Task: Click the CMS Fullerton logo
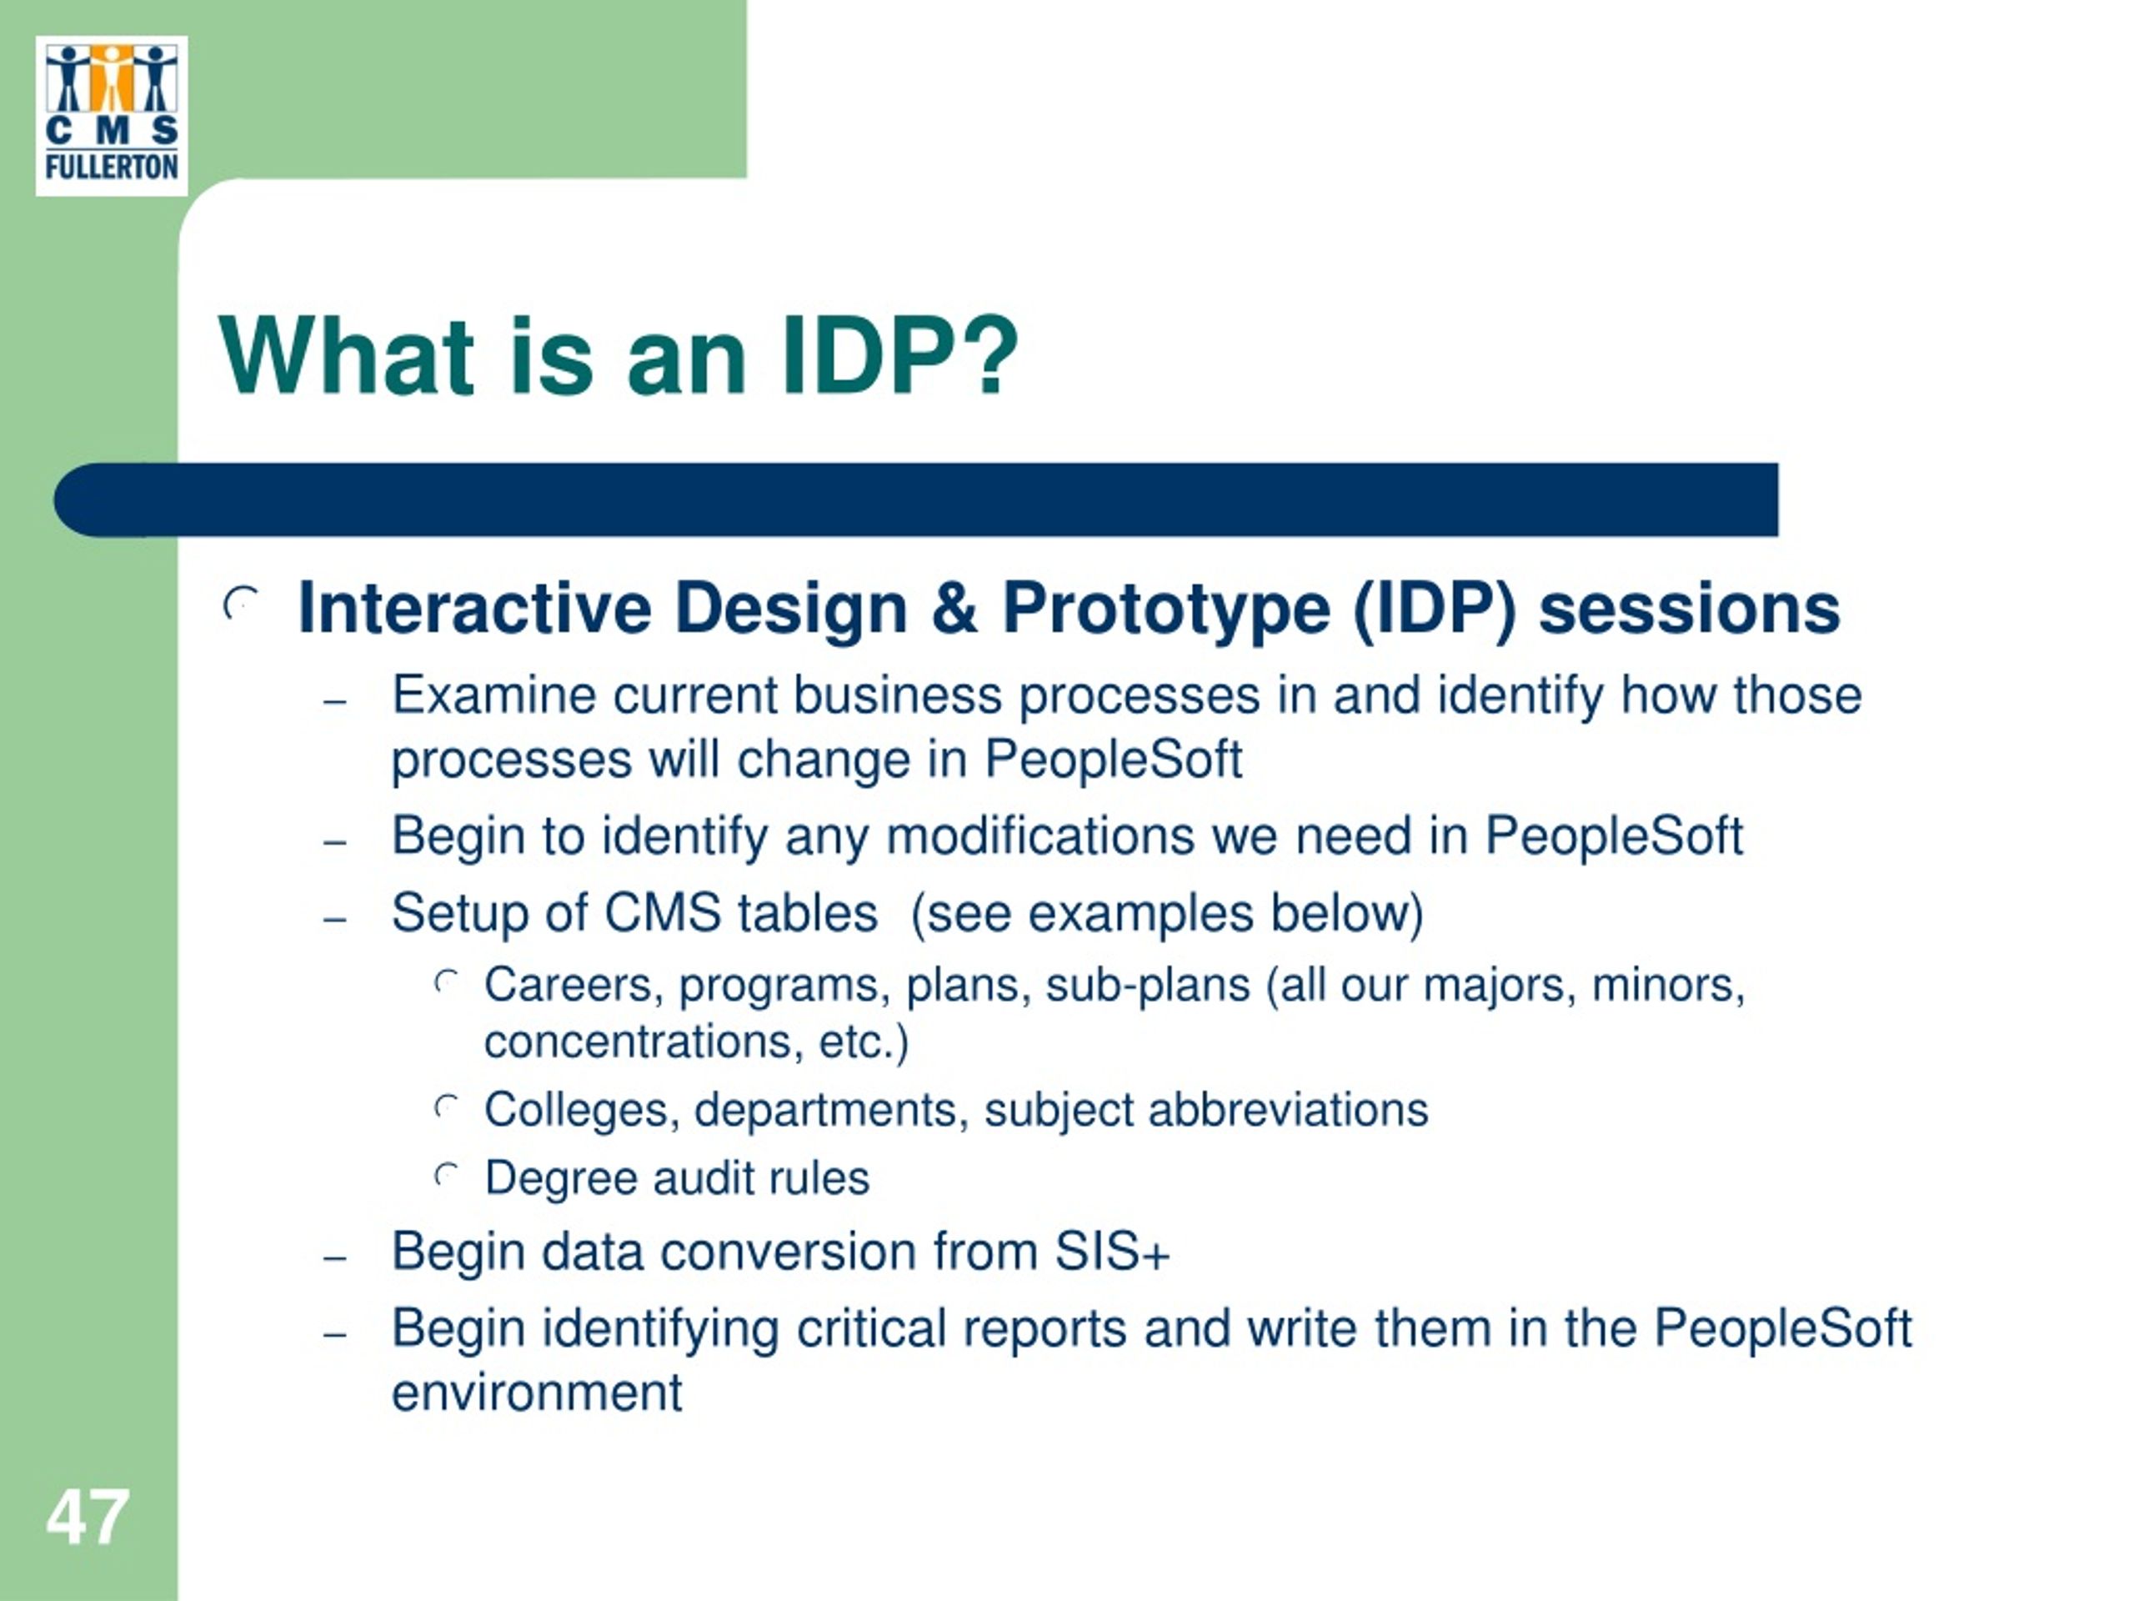112,116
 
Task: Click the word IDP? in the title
899,357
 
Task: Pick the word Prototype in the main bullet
1166,610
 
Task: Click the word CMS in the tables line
663,913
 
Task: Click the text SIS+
1112,1252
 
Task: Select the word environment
538,1393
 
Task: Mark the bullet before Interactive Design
240,604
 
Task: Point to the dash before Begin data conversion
335,1258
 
